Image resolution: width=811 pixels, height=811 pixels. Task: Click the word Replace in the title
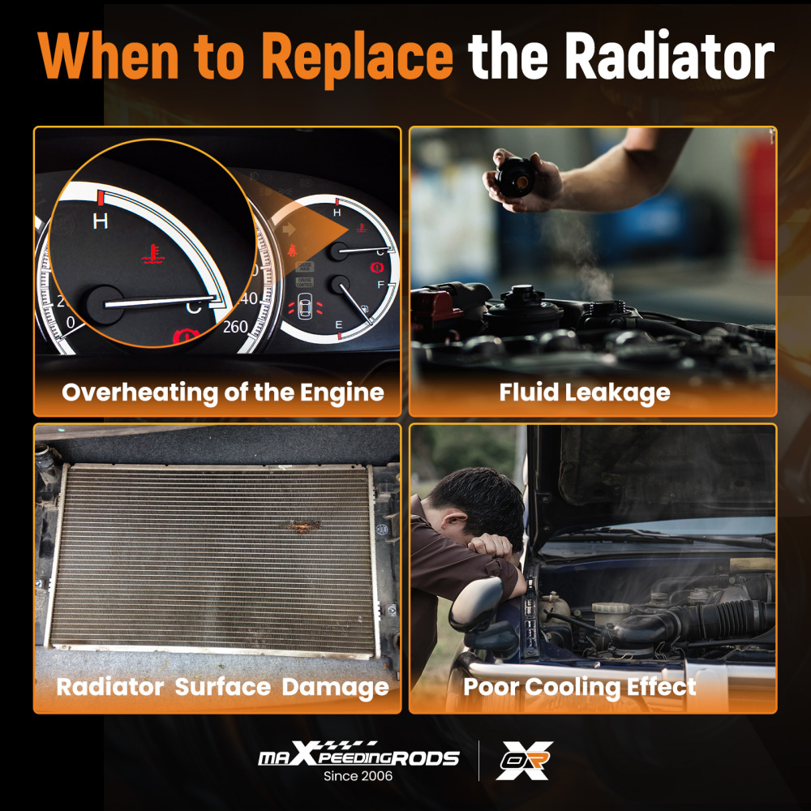coord(357,58)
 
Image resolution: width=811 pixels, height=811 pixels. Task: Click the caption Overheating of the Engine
coord(223,393)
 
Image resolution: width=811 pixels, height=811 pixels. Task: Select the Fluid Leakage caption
coord(585,393)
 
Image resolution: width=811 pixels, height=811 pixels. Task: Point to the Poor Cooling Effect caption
coord(579,688)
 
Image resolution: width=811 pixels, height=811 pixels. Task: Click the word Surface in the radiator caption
coord(222,687)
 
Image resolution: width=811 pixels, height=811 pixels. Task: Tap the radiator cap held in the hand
coord(515,178)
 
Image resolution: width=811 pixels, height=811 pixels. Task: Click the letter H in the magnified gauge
coord(101,221)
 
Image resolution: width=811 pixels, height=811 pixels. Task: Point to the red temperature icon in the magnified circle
coord(151,253)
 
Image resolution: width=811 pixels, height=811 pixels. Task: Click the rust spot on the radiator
coord(302,526)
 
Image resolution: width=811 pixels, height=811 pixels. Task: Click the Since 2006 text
coord(358,776)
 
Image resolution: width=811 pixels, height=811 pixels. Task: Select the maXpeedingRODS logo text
coord(358,754)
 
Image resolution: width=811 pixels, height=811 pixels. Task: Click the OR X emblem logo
coord(524,761)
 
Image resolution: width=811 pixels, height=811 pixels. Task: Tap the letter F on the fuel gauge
coord(381,285)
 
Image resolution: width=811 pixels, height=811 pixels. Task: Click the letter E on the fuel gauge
coord(339,325)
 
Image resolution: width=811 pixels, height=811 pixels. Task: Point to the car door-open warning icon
coord(305,309)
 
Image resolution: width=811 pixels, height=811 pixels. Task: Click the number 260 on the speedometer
coord(235,327)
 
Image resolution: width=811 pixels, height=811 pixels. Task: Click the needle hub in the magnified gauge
coord(105,305)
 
